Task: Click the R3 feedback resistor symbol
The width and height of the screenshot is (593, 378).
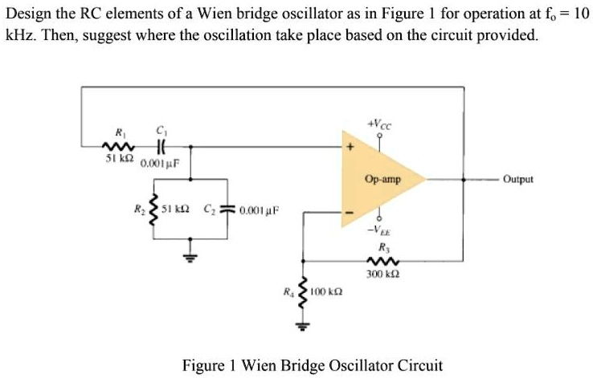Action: point(378,261)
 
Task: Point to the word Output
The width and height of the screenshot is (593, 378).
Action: point(518,180)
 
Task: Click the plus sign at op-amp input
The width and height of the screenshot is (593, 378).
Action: point(350,148)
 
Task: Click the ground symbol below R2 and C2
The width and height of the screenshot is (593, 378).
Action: point(190,257)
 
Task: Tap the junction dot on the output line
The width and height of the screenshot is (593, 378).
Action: point(463,180)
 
